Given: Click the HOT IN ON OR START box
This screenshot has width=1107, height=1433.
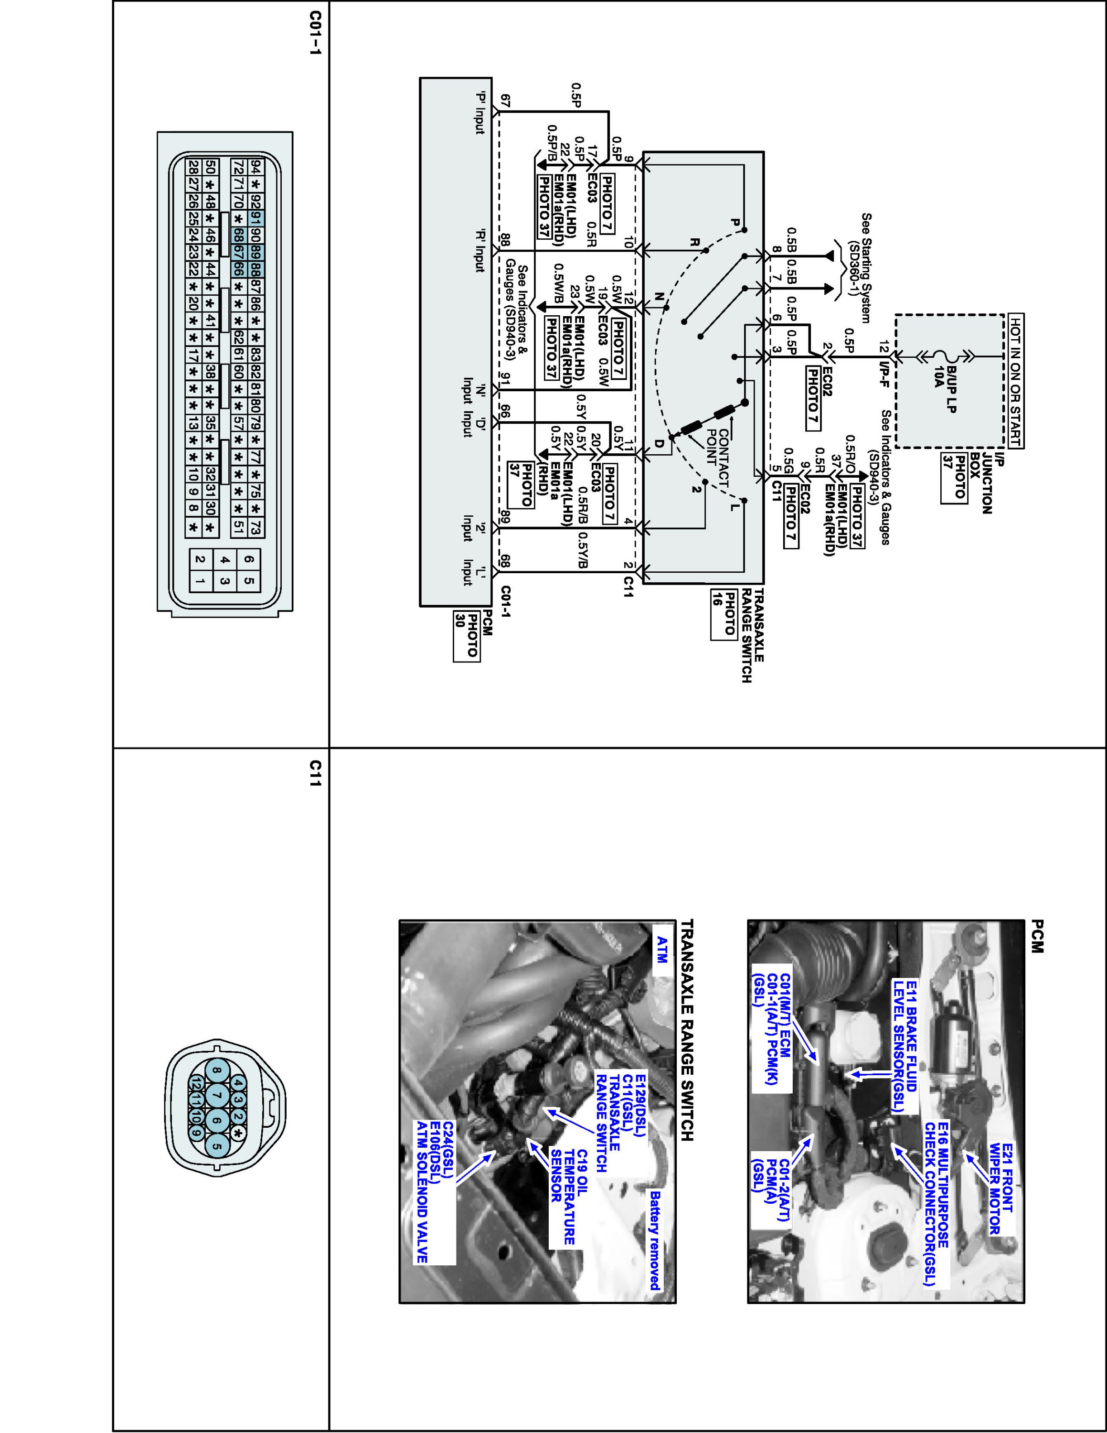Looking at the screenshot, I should [1016, 381].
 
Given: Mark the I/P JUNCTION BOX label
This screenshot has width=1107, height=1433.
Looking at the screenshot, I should [991, 482].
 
